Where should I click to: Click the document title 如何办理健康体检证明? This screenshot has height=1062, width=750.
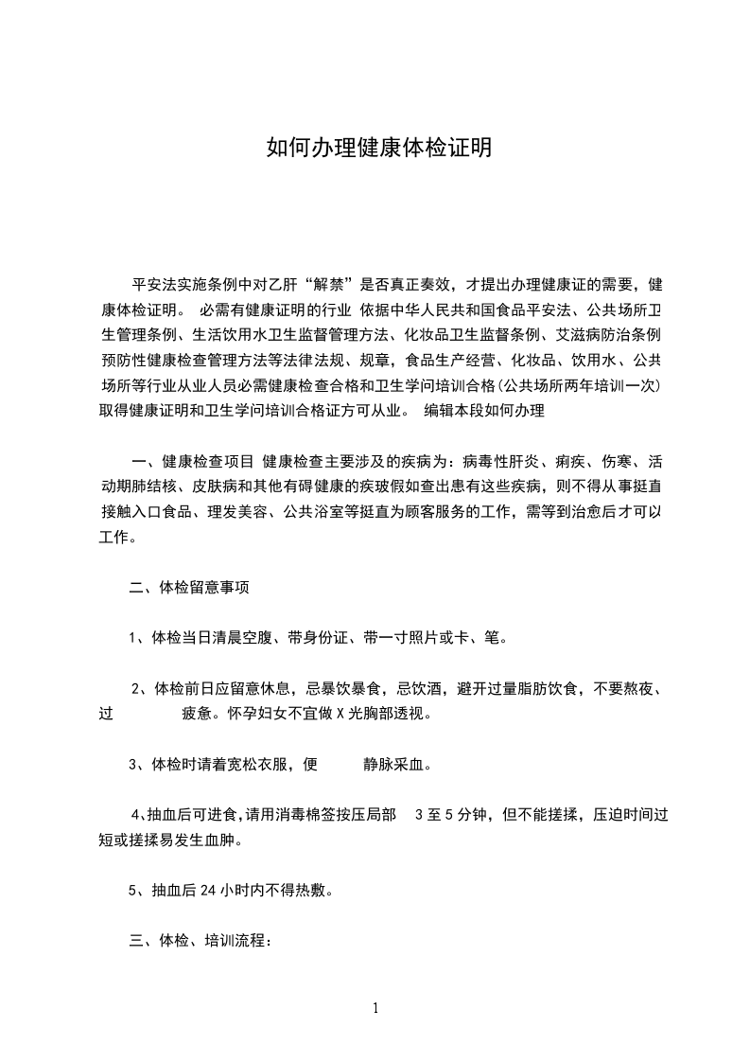[378, 149]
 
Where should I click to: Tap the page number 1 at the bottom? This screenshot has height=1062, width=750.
[375, 1008]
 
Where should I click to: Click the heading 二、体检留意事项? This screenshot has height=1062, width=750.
[189, 588]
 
